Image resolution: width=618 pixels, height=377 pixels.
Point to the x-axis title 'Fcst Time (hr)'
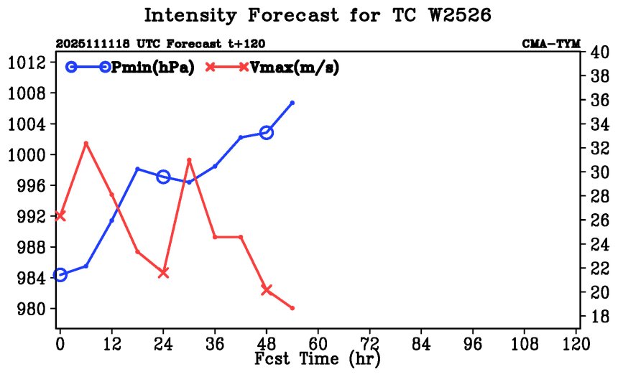(318, 358)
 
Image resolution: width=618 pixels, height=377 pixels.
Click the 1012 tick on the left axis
(27, 62)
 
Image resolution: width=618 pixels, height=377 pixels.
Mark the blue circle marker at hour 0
(60, 275)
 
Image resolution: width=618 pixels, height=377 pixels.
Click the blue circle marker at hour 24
(163, 177)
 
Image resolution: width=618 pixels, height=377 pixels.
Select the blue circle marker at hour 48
(267, 132)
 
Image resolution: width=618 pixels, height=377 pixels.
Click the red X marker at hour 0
(60, 215)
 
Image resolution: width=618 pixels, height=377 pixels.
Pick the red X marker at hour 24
(163, 273)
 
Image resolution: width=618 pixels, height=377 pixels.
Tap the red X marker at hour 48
(267, 290)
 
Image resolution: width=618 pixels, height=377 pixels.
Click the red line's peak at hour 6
(86, 144)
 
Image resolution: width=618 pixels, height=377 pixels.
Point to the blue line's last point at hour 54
(292, 103)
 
